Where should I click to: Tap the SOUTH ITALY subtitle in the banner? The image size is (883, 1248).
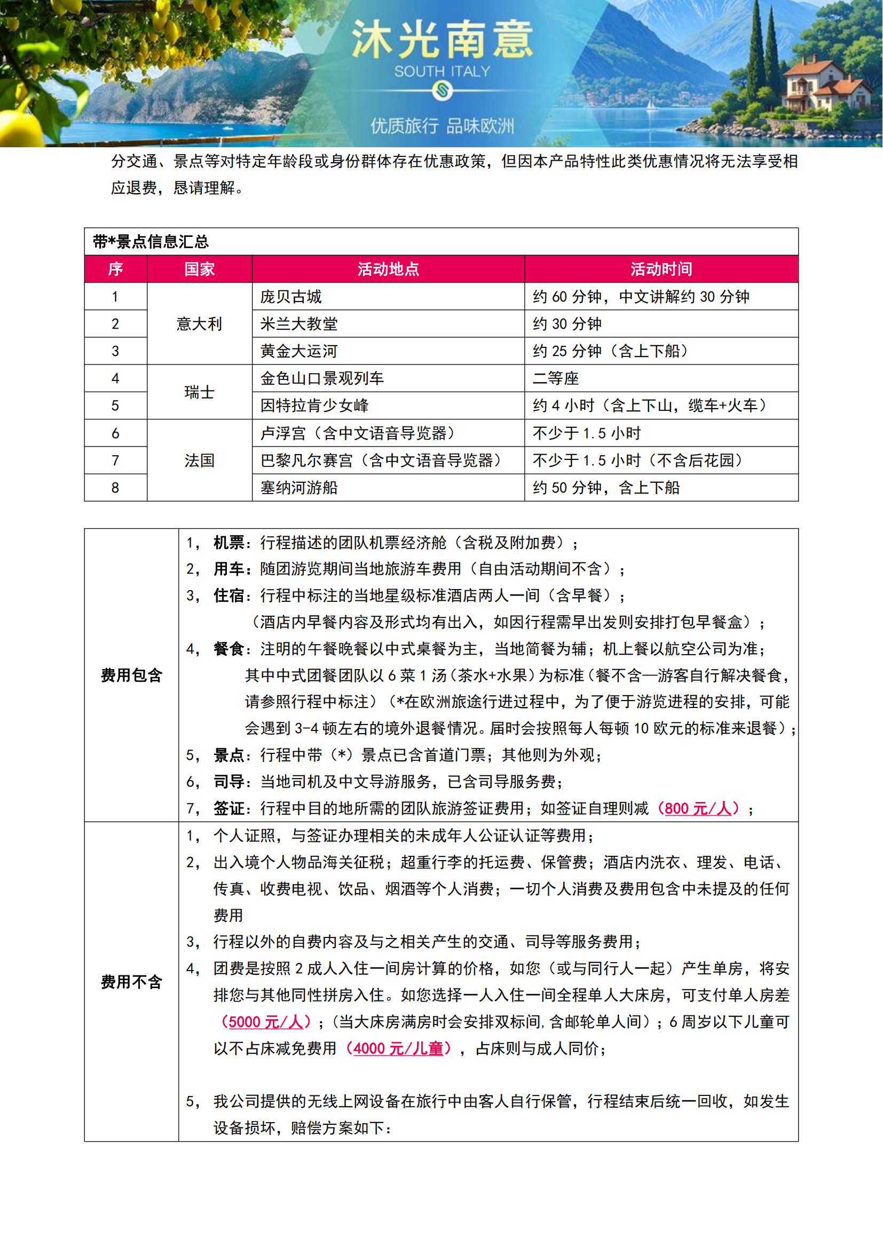[441, 71]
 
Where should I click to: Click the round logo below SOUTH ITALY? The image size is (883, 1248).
[442, 90]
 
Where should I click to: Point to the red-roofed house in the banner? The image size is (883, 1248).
[821, 87]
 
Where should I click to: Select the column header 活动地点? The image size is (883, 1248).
[388, 269]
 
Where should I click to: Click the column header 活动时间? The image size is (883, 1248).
[661, 269]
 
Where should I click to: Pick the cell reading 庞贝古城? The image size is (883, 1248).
[291, 297]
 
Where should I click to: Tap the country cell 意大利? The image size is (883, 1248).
[199, 324]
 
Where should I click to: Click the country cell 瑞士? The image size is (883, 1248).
[199, 392]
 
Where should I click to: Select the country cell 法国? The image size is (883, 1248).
[199, 460]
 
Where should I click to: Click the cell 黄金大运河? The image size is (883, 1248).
[298, 351]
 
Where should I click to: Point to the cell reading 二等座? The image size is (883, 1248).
[555, 378]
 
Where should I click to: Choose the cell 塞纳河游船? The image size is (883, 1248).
[298, 488]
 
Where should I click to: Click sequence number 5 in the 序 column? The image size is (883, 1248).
[115, 406]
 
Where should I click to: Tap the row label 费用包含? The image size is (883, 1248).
[131, 675]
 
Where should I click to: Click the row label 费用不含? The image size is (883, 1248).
[131, 982]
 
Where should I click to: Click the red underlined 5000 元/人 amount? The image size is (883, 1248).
[265, 1022]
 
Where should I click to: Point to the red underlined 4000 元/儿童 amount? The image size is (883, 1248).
[398, 1048]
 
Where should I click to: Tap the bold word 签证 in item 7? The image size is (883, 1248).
[229, 808]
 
